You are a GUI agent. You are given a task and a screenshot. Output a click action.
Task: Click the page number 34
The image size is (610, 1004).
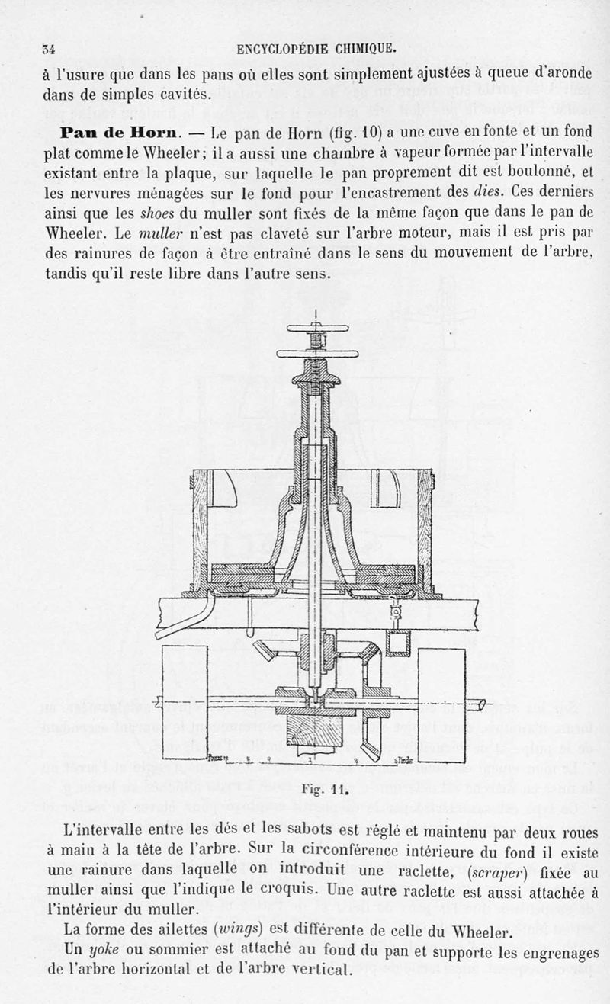click(47, 50)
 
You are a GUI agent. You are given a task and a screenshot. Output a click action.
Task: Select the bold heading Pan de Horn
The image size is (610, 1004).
click(119, 133)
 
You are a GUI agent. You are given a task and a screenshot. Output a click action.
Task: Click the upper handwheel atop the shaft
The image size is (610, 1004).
click(317, 329)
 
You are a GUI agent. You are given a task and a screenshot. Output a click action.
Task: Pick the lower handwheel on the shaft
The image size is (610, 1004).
click(317, 354)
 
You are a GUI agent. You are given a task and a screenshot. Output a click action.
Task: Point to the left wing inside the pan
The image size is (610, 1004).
click(223, 488)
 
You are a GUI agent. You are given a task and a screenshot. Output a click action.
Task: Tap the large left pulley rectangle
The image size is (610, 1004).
click(185, 702)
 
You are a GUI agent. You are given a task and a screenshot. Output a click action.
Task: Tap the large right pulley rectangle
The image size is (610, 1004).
click(441, 702)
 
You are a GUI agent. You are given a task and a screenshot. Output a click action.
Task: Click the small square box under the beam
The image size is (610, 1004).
click(397, 643)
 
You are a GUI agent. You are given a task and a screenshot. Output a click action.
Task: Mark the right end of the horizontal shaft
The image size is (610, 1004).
click(485, 704)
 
